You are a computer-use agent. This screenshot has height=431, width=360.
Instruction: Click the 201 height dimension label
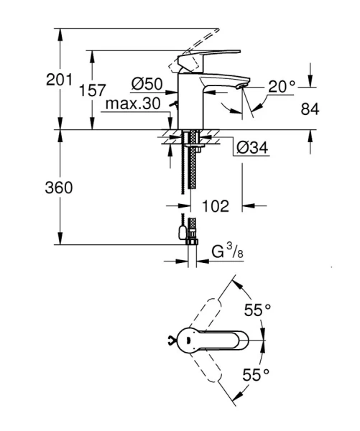(59, 80)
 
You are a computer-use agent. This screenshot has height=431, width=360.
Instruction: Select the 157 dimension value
(92, 91)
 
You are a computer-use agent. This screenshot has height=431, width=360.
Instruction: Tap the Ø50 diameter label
(147, 83)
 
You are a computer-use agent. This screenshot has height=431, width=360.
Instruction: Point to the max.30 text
(133, 103)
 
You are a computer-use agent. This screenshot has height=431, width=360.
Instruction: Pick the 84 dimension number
(310, 109)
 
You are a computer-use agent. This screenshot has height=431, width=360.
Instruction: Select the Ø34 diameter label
(252, 148)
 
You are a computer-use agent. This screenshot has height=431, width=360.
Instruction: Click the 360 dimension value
(59, 187)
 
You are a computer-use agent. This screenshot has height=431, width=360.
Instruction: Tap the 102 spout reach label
(216, 206)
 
